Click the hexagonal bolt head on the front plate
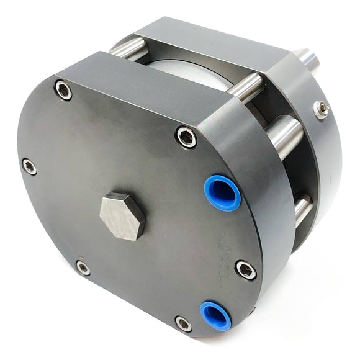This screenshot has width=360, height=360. tap(122, 215)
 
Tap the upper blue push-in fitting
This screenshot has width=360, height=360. tap(222, 193)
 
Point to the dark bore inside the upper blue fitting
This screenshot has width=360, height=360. tap(223, 194)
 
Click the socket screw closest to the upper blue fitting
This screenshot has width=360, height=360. tap(186, 137)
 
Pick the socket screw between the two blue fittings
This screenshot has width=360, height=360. tap(246, 269)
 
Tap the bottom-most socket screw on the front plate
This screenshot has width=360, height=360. tap(183, 323)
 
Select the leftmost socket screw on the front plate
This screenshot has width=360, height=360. tap(29, 166)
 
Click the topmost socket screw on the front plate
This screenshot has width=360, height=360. tap(63, 91)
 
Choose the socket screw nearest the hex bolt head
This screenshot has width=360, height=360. tap(83, 268)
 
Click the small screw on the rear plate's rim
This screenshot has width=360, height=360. tap(321, 110)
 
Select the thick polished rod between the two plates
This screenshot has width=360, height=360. tap(286, 136)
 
